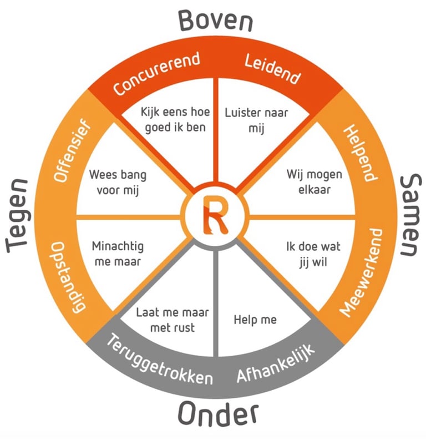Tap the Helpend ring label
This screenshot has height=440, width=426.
(x=361, y=151)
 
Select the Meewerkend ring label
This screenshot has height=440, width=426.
(x=361, y=272)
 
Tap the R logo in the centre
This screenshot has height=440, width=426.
(x=214, y=216)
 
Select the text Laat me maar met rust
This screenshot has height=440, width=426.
(x=173, y=320)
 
